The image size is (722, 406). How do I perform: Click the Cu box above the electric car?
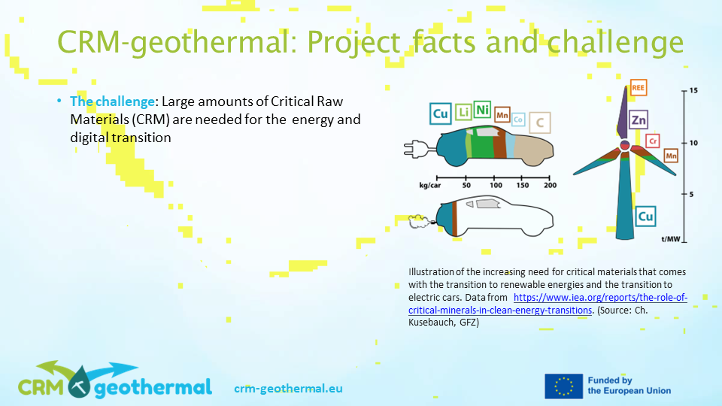pos(440,114)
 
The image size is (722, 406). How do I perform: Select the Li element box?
pos(463,112)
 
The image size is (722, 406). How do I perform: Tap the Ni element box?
pos(482,110)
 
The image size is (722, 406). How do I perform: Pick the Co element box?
pos(518,120)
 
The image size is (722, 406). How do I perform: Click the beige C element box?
pos(540,123)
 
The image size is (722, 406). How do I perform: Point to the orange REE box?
pos(638,87)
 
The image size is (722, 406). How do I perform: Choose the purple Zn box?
pos(639,120)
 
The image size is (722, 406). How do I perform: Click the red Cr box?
pos(653,141)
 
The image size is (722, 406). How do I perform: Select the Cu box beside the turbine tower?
pos(645,217)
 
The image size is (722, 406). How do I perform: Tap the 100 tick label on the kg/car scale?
pos(496,185)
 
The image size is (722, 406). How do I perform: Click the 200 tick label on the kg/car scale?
pos(550,185)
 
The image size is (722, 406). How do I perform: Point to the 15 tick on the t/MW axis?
pos(693,90)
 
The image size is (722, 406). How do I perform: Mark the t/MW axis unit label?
pos(671,239)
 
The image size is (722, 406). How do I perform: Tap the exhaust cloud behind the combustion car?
pos(419,221)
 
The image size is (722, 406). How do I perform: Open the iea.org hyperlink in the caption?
pos(548,304)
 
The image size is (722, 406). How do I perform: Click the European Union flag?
pos(563,386)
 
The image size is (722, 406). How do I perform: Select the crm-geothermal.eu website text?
pos(288,389)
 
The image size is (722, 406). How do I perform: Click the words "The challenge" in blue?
pos(112,101)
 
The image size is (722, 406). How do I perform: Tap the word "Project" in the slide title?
pos(353,42)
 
